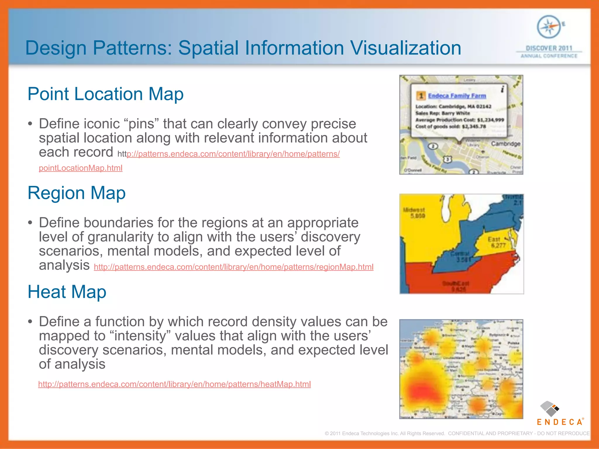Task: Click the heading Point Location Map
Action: [x=105, y=94]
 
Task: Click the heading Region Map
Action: [x=76, y=193]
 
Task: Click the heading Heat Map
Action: [x=67, y=292]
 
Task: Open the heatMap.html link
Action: [x=174, y=384]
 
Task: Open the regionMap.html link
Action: [x=233, y=267]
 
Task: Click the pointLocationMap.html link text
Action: [x=80, y=168]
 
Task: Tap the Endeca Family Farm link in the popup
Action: [x=457, y=96]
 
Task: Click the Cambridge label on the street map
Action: [x=505, y=144]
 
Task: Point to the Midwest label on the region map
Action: [x=414, y=210]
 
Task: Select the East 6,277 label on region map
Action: [x=496, y=242]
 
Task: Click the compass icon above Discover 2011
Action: [x=549, y=27]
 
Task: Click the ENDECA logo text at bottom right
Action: [x=560, y=422]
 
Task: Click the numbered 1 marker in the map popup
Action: [x=421, y=96]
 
